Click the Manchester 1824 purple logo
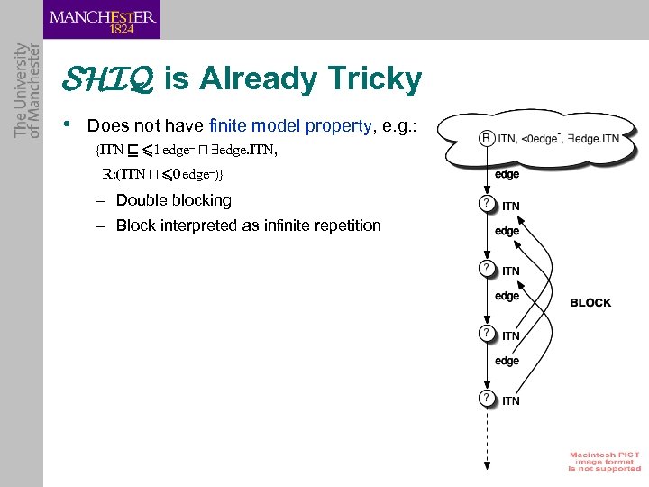point(102,20)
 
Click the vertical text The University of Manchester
point(27,90)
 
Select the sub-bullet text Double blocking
point(173,199)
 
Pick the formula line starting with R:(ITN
point(162,173)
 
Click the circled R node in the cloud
point(486,138)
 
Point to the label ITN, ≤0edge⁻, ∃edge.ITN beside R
point(560,138)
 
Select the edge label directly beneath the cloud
point(507,174)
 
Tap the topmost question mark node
point(486,204)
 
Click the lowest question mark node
point(486,398)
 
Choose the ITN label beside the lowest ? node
point(510,400)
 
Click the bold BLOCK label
point(590,303)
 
